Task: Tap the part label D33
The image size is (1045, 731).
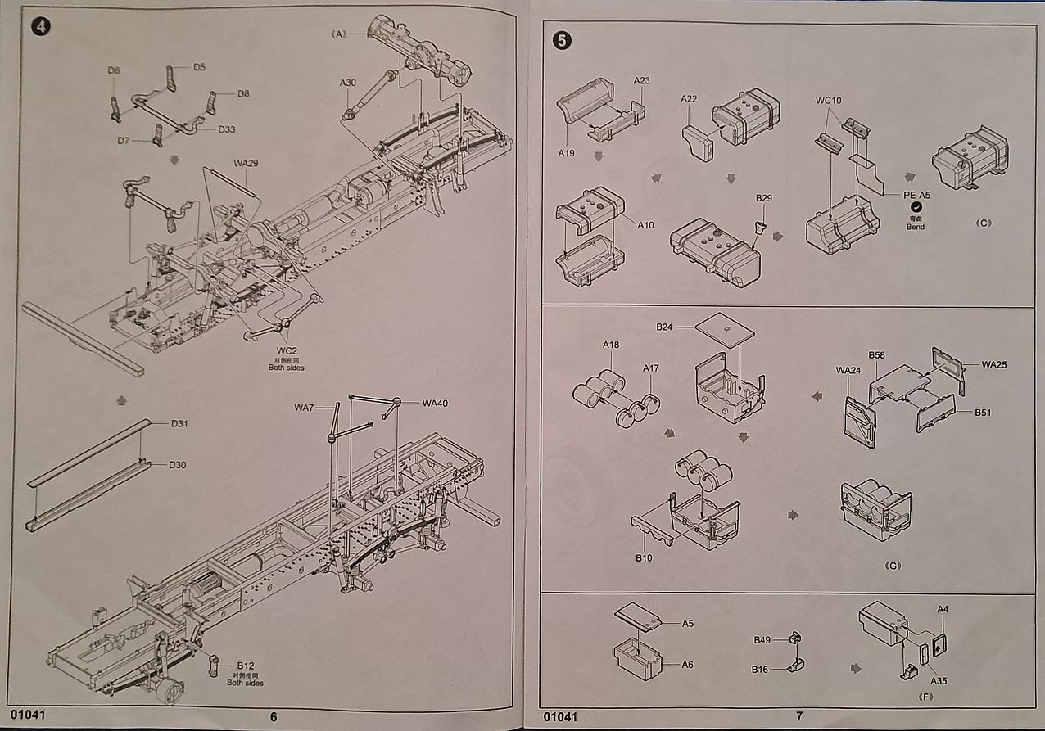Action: [228, 129]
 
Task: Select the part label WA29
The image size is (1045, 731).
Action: [246, 163]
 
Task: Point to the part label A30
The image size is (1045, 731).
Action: [348, 83]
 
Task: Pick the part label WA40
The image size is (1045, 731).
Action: [435, 403]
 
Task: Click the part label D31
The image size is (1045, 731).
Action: [180, 423]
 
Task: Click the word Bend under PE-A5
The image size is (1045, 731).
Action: [915, 227]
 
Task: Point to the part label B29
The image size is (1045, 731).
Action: [764, 199]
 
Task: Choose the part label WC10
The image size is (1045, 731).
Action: [828, 101]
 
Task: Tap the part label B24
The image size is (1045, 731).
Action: [663, 327]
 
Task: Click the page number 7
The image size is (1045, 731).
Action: [798, 716]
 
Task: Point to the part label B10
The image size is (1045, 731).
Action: [645, 558]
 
